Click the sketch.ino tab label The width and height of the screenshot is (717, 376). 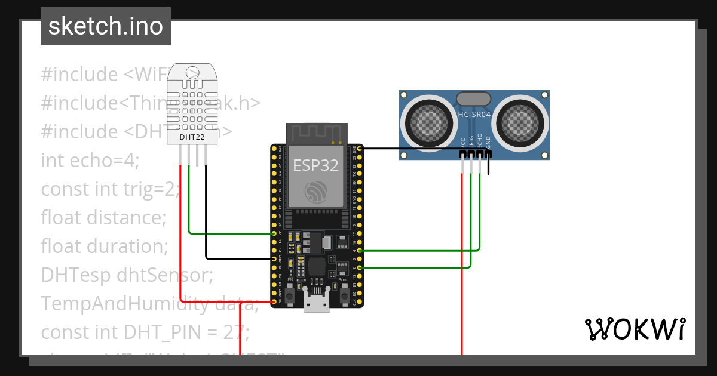point(105,26)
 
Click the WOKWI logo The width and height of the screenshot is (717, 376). point(635,329)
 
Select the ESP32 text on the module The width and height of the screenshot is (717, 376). point(315,165)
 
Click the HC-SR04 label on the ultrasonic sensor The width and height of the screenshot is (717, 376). point(474,114)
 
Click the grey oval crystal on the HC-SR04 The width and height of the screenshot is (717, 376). point(474,98)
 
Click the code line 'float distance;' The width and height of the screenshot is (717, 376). point(103,218)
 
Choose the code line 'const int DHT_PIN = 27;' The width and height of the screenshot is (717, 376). point(145,331)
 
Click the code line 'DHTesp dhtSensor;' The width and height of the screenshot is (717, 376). point(127,275)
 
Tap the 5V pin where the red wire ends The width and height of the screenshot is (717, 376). point(274,302)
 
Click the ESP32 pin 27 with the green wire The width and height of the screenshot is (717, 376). point(274,233)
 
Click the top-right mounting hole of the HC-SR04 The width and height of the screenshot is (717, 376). point(544,95)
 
